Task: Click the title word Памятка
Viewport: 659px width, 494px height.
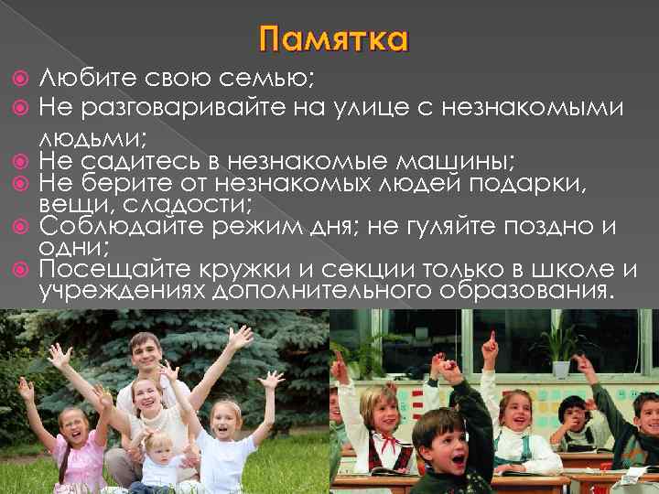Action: pyautogui.click(x=333, y=40)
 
